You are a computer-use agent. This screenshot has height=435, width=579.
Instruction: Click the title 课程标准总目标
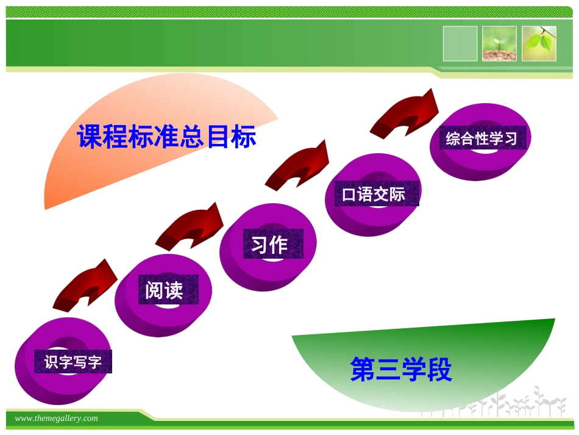coord(166,137)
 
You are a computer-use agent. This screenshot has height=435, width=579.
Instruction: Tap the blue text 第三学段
coord(400,370)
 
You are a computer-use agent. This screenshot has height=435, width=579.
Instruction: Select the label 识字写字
coord(73,362)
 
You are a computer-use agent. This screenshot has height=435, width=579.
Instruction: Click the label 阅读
coord(164,290)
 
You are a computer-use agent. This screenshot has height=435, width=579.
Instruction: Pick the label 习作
coord(269,245)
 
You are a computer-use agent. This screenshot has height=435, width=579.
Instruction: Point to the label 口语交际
coord(374,195)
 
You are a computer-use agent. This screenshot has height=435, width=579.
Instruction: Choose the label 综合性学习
coord(481,138)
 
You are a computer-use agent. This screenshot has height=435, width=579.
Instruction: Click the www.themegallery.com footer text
coord(56,419)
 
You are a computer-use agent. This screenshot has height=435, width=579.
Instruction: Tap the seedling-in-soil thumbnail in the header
coord(499,43)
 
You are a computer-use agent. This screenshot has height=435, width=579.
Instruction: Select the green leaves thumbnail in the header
coord(539,43)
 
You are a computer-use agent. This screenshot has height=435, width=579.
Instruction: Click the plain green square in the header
coord(460,43)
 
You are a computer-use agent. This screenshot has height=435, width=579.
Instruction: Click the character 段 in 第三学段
coord(439,370)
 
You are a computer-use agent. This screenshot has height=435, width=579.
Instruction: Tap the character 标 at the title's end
coord(244,137)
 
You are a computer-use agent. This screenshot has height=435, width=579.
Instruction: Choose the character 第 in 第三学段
coord(362,370)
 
